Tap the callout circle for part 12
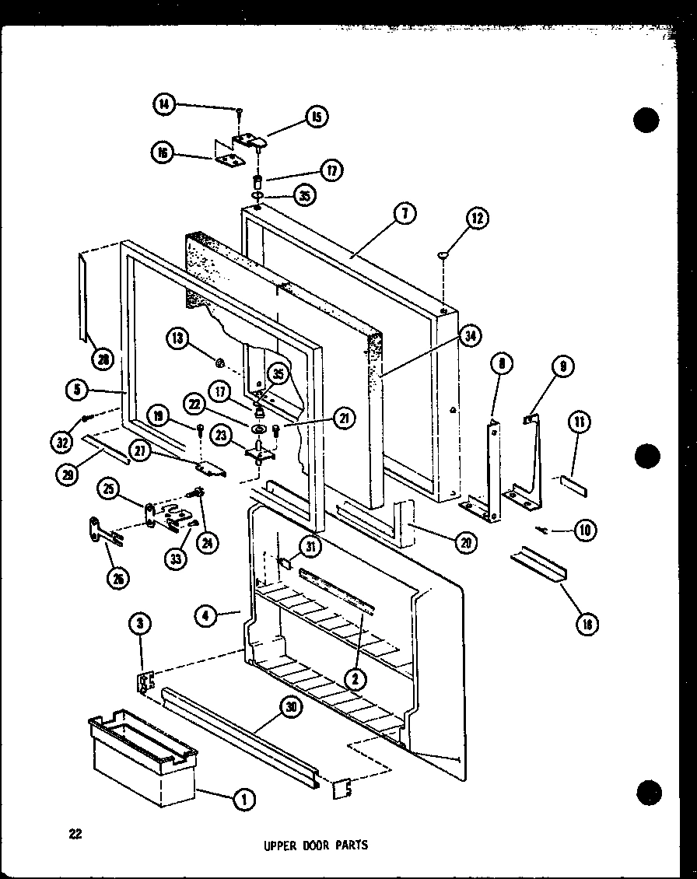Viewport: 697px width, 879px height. pos(477,220)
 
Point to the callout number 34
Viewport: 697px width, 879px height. pos(471,335)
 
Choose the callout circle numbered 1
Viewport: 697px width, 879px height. pos(243,798)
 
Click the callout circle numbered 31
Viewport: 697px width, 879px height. pos(310,548)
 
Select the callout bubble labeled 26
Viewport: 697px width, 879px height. pos(119,578)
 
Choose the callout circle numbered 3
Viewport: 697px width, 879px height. pos(141,624)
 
